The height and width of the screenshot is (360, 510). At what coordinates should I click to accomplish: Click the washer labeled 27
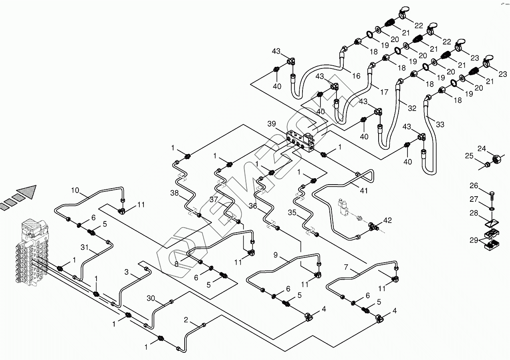pyautogui.click(x=492, y=208)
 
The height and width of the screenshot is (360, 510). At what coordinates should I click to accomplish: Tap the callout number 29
pyautogui.click(x=474, y=241)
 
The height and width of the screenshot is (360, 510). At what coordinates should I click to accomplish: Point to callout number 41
pyautogui.click(x=364, y=191)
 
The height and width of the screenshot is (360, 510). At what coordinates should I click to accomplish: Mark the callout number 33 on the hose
pyautogui.click(x=439, y=125)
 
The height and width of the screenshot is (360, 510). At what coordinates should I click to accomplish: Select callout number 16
pyautogui.click(x=356, y=76)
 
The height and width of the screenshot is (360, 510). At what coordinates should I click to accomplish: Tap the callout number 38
pyautogui.click(x=175, y=193)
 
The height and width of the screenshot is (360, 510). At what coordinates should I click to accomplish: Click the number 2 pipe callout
pyautogui.click(x=186, y=320)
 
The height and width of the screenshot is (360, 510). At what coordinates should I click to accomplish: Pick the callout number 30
pyautogui.click(x=151, y=298)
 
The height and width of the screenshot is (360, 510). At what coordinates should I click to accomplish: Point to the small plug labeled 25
pyautogui.click(x=486, y=164)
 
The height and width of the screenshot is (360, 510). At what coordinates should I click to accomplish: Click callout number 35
pyautogui.click(x=292, y=213)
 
